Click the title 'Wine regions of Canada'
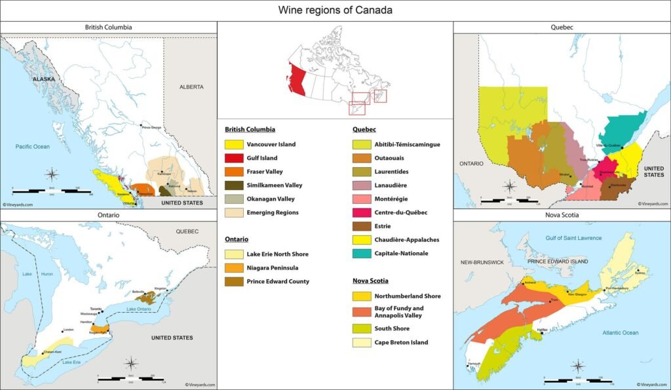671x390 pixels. (x=335, y=10)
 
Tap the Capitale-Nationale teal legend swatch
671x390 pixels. (x=362, y=253)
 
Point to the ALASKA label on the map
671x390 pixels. (x=43, y=79)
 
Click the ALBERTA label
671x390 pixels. (x=191, y=87)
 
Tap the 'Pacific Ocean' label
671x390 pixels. (x=33, y=146)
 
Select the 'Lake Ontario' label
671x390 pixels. (x=140, y=309)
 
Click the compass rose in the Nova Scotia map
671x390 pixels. (x=578, y=366)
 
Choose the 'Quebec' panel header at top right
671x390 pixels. (x=562, y=28)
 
